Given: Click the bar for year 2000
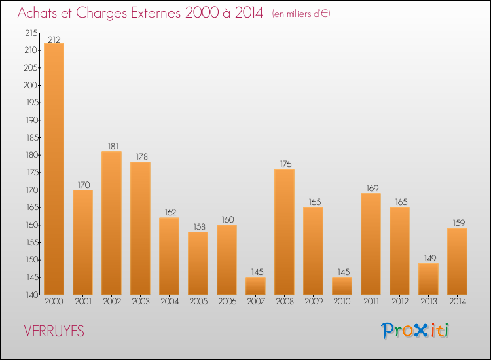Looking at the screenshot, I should [x=54, y=169].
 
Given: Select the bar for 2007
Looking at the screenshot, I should [x=255, y=286].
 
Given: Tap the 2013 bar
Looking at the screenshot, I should [x=428, y=279].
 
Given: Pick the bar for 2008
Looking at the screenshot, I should [x=284, y=232].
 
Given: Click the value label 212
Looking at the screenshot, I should [x=54, y=39].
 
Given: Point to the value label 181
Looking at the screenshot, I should [x=111, y=147].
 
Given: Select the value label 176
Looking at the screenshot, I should [x=284, y=165].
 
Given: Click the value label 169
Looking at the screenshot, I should [x=371, y=189].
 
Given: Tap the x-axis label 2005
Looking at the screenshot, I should [x=198, y=302].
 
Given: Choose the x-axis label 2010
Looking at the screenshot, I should [x=342, y=302].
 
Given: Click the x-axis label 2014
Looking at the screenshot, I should [x=457, y=302].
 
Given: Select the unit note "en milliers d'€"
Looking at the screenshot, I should [x=300, y=14].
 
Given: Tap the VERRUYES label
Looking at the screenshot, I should [x=54, y=331].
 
